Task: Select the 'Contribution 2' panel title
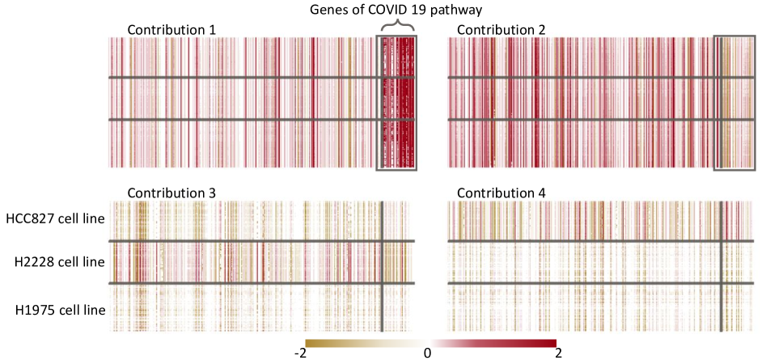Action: pyautogui.click(x=501, y=30)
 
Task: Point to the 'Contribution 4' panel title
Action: pyautogui.click(x=501, y=193)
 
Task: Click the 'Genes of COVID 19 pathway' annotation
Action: pyautogui.click(x=396, y=9)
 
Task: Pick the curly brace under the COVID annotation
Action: pyautogui.click(x=396, y=28)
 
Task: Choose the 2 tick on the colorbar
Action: pyautogui.click(x=558, y=353)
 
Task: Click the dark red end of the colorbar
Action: pyautogui.click(x=550, y=342)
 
